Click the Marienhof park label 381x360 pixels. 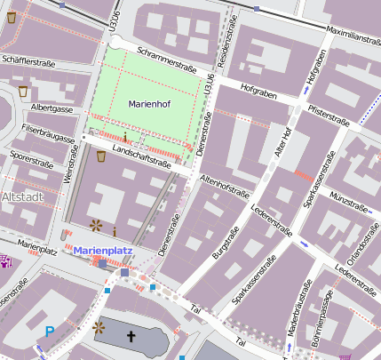click(x=148, y=104)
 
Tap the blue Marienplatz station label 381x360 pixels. click(x=102, y=252)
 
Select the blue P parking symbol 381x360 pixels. click(x=50, y=332)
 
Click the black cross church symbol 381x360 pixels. click(x=131, y=337)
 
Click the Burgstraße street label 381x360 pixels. click(x=227, y=242)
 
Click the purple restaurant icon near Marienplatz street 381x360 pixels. click(x=6, y=260)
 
